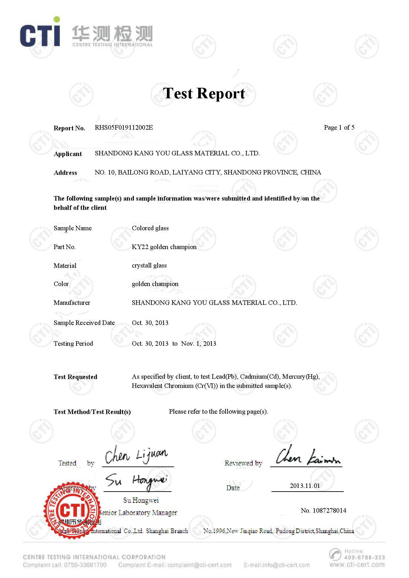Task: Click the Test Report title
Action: [204, 93]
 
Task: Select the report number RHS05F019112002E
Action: [124, 128]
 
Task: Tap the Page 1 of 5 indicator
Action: [339, 128]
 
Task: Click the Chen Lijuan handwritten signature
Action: [136, 456]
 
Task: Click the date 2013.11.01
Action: [305, 486]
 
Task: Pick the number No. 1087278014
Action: [323, 510]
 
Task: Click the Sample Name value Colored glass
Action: [150, 228]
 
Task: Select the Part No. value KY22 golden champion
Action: [164, 247]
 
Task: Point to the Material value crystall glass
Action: [149, 266]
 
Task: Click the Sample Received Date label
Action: [84, 323]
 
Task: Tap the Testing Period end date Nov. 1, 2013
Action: [199, 343]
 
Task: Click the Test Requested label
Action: [75, 377]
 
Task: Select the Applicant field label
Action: [68, 154]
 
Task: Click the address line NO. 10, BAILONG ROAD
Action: [208, 172]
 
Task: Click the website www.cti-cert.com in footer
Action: [357, 564]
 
